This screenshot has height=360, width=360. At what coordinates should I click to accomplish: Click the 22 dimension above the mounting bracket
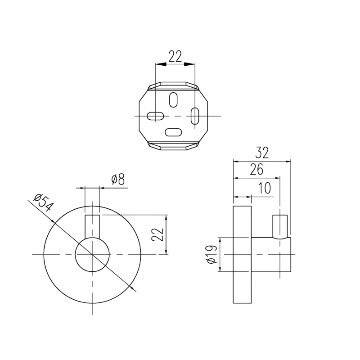click(x=175, y=56)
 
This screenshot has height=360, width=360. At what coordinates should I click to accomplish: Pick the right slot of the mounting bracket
click(x=195, y=116)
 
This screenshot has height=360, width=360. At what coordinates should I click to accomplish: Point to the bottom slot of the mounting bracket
click(x=174, y=132)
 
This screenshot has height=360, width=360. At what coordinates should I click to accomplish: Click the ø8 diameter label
click(x=117, y=180)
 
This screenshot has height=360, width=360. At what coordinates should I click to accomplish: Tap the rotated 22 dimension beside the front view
click(x=156, y=235)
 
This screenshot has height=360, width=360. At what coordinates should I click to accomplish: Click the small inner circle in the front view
click(x=92, y=255)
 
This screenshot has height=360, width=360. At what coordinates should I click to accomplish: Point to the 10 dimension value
click(x=265, y=188)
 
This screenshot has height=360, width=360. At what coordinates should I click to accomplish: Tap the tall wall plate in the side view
click(x=242, y=255)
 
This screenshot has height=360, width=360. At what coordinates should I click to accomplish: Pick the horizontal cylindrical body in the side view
click(x=270, y=255)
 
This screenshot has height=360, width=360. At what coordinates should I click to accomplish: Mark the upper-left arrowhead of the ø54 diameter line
click(x=53, y=221)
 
